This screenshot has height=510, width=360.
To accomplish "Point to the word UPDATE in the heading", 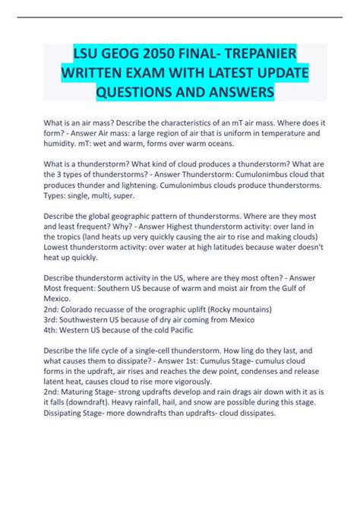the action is tap(263, 74).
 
